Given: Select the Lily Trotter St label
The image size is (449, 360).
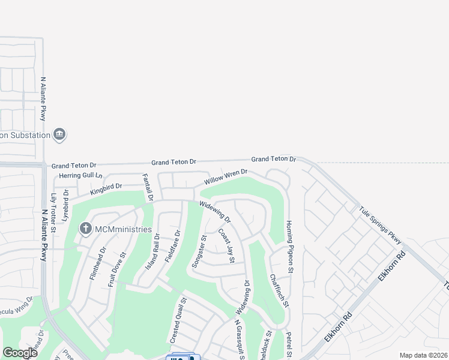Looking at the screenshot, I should tap(53, 213).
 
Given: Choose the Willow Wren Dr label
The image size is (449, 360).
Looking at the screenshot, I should tap(226, 178).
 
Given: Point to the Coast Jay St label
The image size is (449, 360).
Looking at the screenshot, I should tap(226, 245).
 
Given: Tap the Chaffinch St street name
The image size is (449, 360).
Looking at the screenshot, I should tap(279, 290).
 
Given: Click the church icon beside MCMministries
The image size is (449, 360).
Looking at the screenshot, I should tap(86, 229).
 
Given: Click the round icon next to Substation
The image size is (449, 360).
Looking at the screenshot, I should tap(59, 134).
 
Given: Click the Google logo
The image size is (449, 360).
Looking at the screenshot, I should tap(20, 353).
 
